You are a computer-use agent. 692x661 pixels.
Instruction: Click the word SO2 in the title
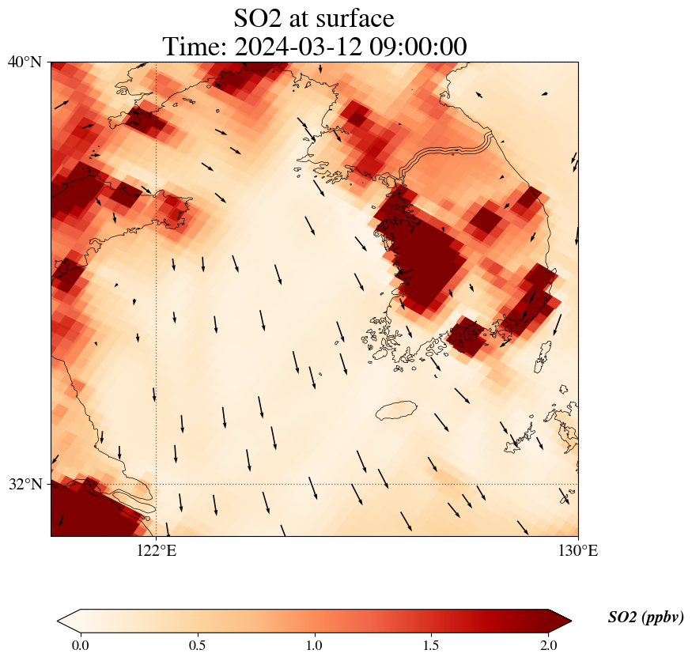click(257, 18)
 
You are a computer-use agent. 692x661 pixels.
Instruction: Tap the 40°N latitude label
click(25, 62)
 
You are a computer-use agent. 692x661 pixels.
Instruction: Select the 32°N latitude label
click(25, 484)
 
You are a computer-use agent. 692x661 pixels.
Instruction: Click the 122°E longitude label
click(157, 551)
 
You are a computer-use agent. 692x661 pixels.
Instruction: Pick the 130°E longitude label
click(578, 551)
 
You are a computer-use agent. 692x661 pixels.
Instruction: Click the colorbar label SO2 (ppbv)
click(645, 618)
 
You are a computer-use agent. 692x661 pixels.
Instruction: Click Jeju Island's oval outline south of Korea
click(396, 410)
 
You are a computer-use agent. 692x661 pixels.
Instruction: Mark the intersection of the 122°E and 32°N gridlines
click(157, 484)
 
